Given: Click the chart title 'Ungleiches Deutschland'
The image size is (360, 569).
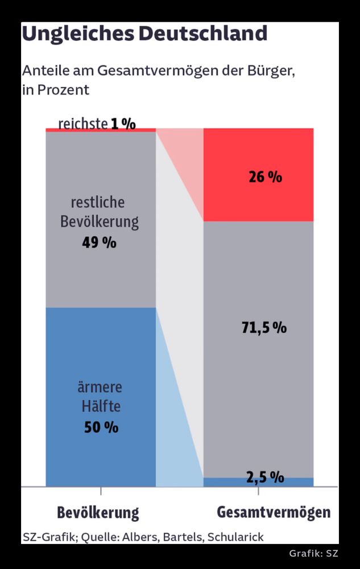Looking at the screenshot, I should (144, 34).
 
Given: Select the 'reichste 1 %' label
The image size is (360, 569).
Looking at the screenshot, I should (97, 123).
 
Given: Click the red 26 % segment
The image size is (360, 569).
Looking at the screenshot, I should (259, 199).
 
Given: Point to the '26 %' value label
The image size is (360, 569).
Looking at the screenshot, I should (265, 177).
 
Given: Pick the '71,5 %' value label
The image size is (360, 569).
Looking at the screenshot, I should (264, 328).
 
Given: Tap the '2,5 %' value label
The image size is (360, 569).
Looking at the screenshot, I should (265, 477).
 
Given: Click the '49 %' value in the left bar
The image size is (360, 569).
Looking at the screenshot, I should (99, 242).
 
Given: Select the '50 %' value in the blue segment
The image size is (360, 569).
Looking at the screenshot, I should (101, 427).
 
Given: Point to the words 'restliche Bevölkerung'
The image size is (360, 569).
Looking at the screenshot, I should (100, 212).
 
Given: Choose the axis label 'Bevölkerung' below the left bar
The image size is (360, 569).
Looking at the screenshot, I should (98, 513).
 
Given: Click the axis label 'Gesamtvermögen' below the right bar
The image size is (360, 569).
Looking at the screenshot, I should (274, 513).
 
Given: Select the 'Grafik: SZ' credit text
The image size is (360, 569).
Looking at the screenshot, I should (313, 554).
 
